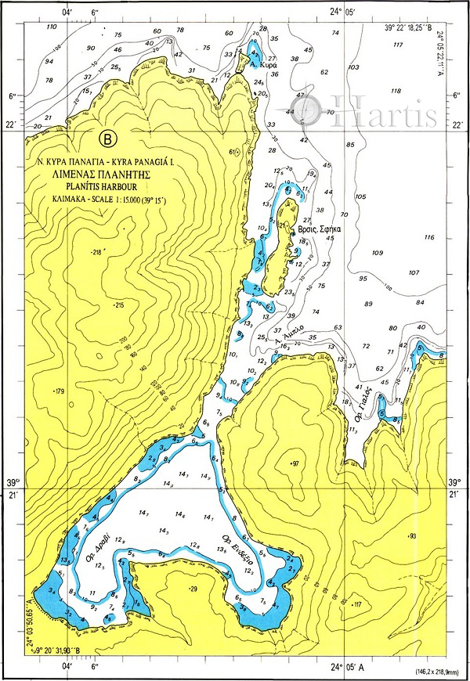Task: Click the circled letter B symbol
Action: tap(109, 139)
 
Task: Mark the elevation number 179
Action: tap(57, 390)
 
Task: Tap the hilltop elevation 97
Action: tap(295, 464)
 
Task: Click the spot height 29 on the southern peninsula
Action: tap(193, 588)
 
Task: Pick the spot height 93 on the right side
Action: tap(412, 535)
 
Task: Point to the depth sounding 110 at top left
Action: tap(52, 27)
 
